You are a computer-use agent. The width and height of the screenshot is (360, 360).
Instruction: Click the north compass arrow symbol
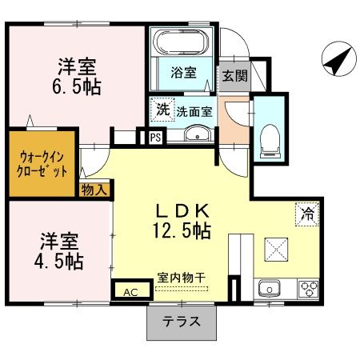[336, 60]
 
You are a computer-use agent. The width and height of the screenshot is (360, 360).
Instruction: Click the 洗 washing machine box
[162, 109]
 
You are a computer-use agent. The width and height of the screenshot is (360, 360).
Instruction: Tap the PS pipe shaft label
[155, 138]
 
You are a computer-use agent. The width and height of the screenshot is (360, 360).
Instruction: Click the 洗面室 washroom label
[194, 112]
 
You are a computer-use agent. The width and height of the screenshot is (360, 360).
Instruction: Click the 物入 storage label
[94, 190]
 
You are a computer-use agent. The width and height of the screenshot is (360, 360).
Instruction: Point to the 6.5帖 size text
[78, 86]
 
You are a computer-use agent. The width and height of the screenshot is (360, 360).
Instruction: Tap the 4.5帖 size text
[58, 261]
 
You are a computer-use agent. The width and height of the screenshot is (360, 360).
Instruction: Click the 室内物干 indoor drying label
[182, 277]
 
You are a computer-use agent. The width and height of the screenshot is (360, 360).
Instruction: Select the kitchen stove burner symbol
[307, 287]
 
